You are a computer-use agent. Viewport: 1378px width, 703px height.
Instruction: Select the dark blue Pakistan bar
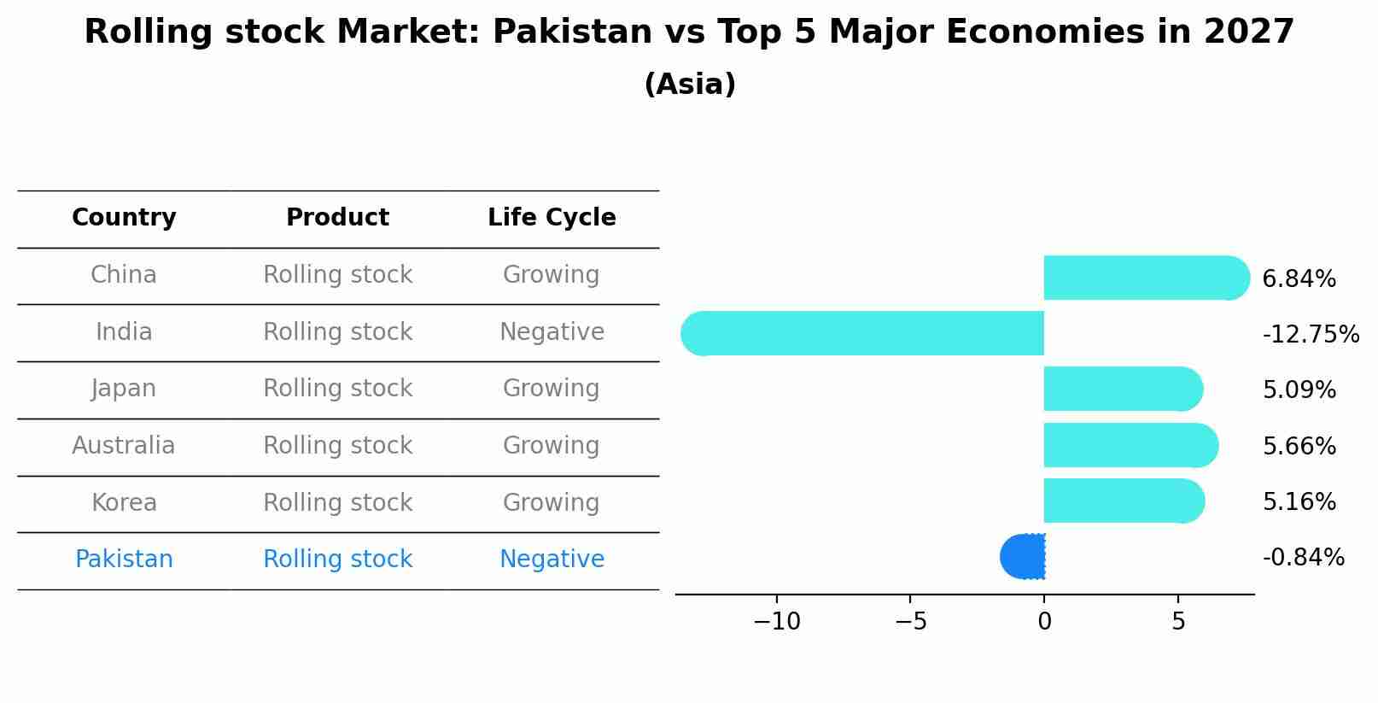point(1023,557)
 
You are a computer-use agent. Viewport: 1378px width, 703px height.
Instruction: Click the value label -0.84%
point(1303,558)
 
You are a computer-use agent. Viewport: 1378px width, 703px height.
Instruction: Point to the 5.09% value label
point(1299,390)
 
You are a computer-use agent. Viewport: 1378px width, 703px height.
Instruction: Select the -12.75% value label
point(1311,335)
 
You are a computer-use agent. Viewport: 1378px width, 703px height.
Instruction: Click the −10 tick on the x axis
point(777,622)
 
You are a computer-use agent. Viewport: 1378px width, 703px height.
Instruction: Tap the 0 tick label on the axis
point(1044,622)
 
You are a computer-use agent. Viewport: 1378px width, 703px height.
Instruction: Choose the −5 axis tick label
point(910,622)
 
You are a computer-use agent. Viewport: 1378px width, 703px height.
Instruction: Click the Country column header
point(124,218)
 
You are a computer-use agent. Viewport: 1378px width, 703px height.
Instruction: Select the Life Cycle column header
point(552,218)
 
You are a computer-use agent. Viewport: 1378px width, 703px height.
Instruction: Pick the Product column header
point(337,218)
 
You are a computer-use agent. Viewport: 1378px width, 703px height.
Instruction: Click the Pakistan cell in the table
point(124,559)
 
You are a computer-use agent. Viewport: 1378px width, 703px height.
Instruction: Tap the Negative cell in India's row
point(552,332)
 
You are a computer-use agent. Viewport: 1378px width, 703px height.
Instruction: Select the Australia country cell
point(124,446)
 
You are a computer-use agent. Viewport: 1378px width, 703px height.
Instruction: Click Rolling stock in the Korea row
point(337,503)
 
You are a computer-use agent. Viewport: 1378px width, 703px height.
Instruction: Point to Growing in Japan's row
point(552,389)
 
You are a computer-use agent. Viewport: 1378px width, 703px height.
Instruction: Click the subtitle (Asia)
point(689,85)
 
